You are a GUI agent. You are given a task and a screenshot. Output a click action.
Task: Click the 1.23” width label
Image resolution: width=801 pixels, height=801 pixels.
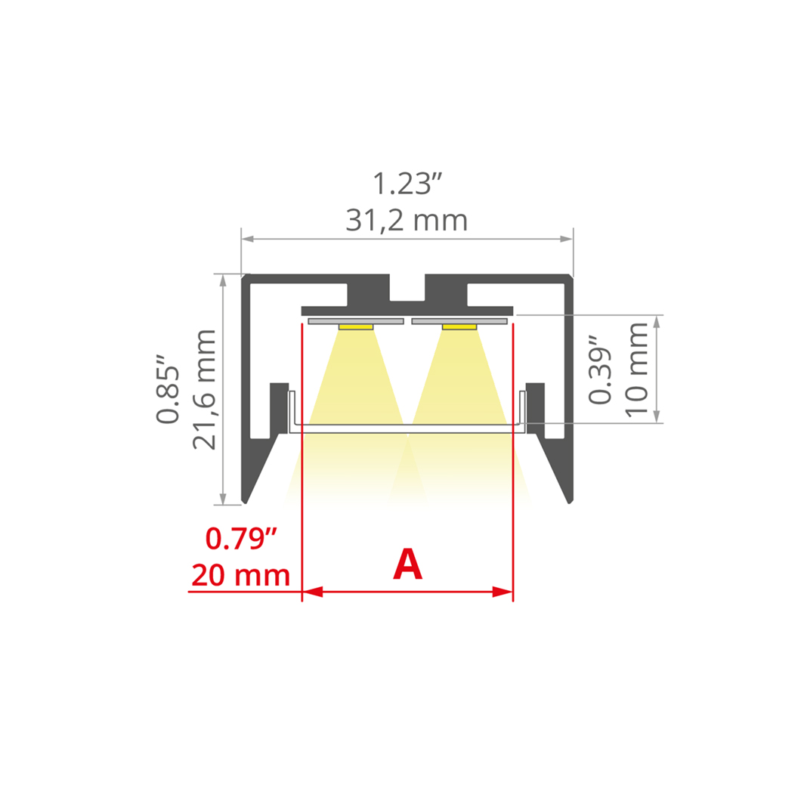click(407, 184)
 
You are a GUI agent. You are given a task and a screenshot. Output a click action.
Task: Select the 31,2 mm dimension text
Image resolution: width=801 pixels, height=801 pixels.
click(407, 220)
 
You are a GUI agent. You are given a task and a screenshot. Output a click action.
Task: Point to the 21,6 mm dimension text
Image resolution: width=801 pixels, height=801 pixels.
click(204, 389)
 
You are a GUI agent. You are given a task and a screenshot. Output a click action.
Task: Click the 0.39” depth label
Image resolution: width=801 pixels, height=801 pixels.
click(600, 370)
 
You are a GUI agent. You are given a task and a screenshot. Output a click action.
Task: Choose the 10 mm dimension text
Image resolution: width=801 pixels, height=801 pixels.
click(636, 370)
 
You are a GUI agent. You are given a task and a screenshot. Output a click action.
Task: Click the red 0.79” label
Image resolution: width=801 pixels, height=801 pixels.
click(241, 539)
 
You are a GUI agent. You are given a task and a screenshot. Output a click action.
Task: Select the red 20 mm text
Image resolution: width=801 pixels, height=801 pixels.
click(240, 575)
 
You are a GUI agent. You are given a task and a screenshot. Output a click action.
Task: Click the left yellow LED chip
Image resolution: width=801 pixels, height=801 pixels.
click(356, 326)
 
